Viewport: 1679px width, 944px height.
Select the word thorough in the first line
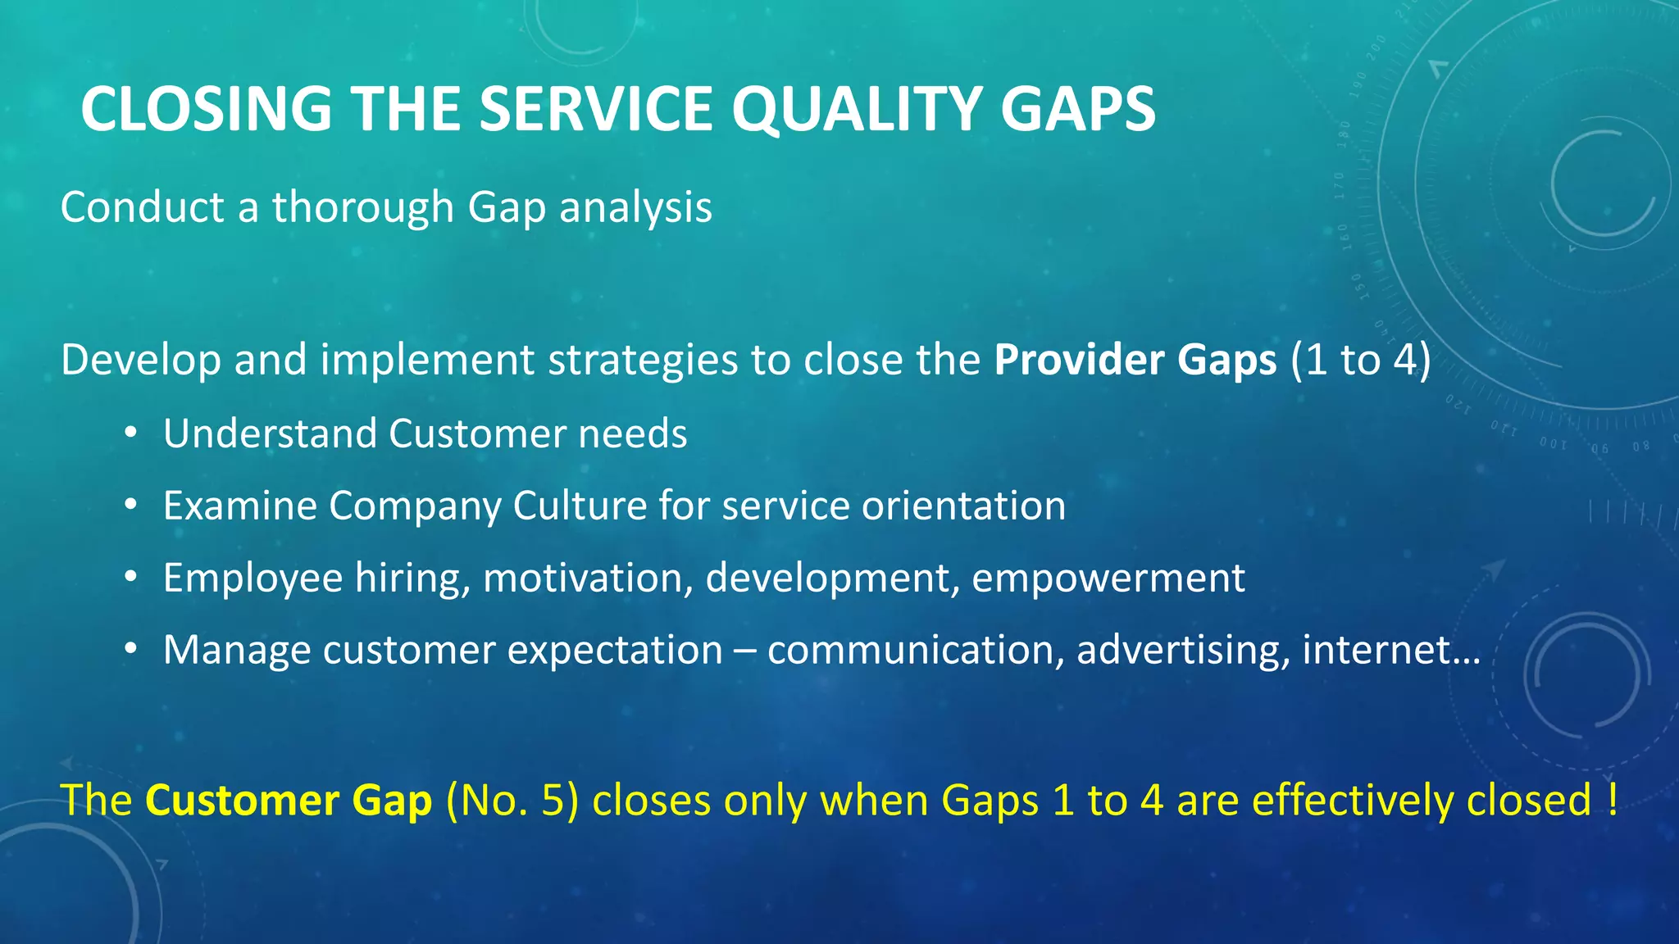click(363, 207)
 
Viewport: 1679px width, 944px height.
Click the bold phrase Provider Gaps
click(1135, 360)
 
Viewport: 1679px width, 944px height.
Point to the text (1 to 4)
click(1360, 360)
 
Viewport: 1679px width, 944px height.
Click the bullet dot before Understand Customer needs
click(130, 433)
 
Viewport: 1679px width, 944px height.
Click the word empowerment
click(1108, 578)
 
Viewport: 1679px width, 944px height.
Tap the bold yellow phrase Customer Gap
click(289, 801)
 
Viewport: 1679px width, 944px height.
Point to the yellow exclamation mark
click(1613, 801)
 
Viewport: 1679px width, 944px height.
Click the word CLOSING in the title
click(206, 109)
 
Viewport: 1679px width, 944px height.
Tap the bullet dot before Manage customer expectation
click(130, 650)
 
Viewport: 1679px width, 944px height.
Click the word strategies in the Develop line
click(642, 360)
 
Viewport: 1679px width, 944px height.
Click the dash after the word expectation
click(745, 651)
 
